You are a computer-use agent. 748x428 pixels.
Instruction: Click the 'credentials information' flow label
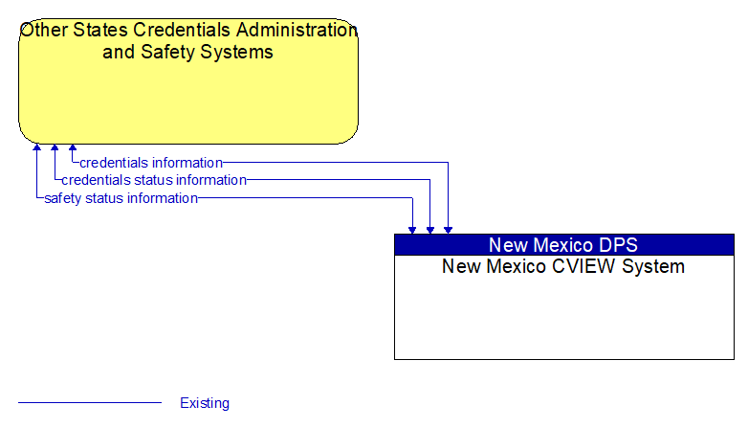(x=151, y=163)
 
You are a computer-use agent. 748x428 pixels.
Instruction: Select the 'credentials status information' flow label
(x=154, y=180)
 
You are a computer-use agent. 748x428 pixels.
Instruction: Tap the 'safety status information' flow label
(x=121, y=198)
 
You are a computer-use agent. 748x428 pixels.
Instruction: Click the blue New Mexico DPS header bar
(x=564, y=244)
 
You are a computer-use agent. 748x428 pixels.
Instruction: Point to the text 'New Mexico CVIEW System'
(x=563, y=266)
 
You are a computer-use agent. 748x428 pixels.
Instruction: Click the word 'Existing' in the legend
(x=205, y=403)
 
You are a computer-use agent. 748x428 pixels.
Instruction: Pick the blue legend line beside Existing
(x=90, y=403)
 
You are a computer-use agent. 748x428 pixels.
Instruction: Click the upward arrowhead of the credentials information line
(x=73, y=147)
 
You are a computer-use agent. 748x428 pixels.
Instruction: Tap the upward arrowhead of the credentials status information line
(x=55, y=147)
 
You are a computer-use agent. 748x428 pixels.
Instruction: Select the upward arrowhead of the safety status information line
(x=36, y=147)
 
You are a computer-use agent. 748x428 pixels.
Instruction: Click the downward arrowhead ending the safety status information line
(x=412, y=230)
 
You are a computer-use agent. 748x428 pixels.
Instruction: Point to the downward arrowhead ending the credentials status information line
(x=430, y=230)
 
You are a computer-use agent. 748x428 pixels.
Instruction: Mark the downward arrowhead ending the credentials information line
(x=448, y=230)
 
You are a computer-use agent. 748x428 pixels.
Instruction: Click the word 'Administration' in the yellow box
(x=297, y=30)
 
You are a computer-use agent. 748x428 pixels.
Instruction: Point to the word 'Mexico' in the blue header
(x=561, y=245)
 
